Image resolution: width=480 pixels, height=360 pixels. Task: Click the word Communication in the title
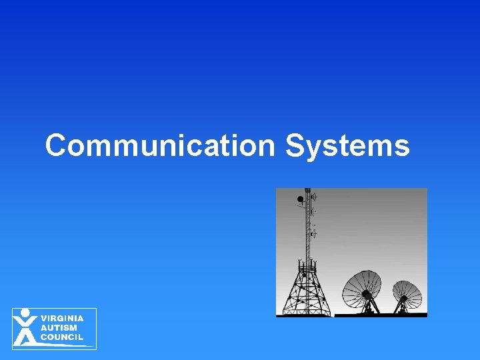click(x=159, y=145)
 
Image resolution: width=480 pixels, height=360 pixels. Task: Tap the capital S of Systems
click(x=294, y=145)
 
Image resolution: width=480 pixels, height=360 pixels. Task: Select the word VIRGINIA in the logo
click(x=62, y=319)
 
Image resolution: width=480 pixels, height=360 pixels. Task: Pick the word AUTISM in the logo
click(x=59, y=328)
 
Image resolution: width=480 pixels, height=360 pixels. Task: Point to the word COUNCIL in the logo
click(x=62, y=337)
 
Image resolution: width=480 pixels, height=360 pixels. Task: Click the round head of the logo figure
click(x=25, y=312)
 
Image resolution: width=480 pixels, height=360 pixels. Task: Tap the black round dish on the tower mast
click(x=301, y=199)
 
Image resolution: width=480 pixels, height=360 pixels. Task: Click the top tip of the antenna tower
click(x=307, y=190)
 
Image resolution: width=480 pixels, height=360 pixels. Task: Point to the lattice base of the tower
click(x=307, y=293)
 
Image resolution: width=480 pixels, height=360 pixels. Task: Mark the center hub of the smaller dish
click(x=404, y=295)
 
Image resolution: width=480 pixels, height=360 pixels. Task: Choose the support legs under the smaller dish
click(x=403, y=309)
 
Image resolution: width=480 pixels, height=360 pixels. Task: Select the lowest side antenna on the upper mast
click(x=314, y=233)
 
